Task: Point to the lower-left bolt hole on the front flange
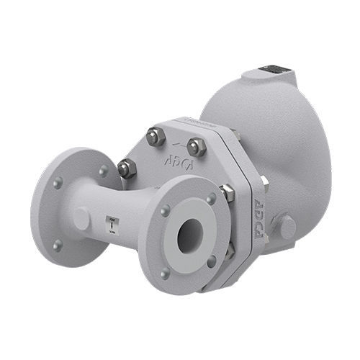pos(166,272)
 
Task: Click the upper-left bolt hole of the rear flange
pos(58,183)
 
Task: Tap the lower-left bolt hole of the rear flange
pos(58,244)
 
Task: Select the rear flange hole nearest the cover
pos(104,171)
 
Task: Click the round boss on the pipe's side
pos(81,217)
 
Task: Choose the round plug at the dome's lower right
pos(287,228)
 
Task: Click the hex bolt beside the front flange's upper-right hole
pos(227,192)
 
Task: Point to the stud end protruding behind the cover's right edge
pos(265,184)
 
